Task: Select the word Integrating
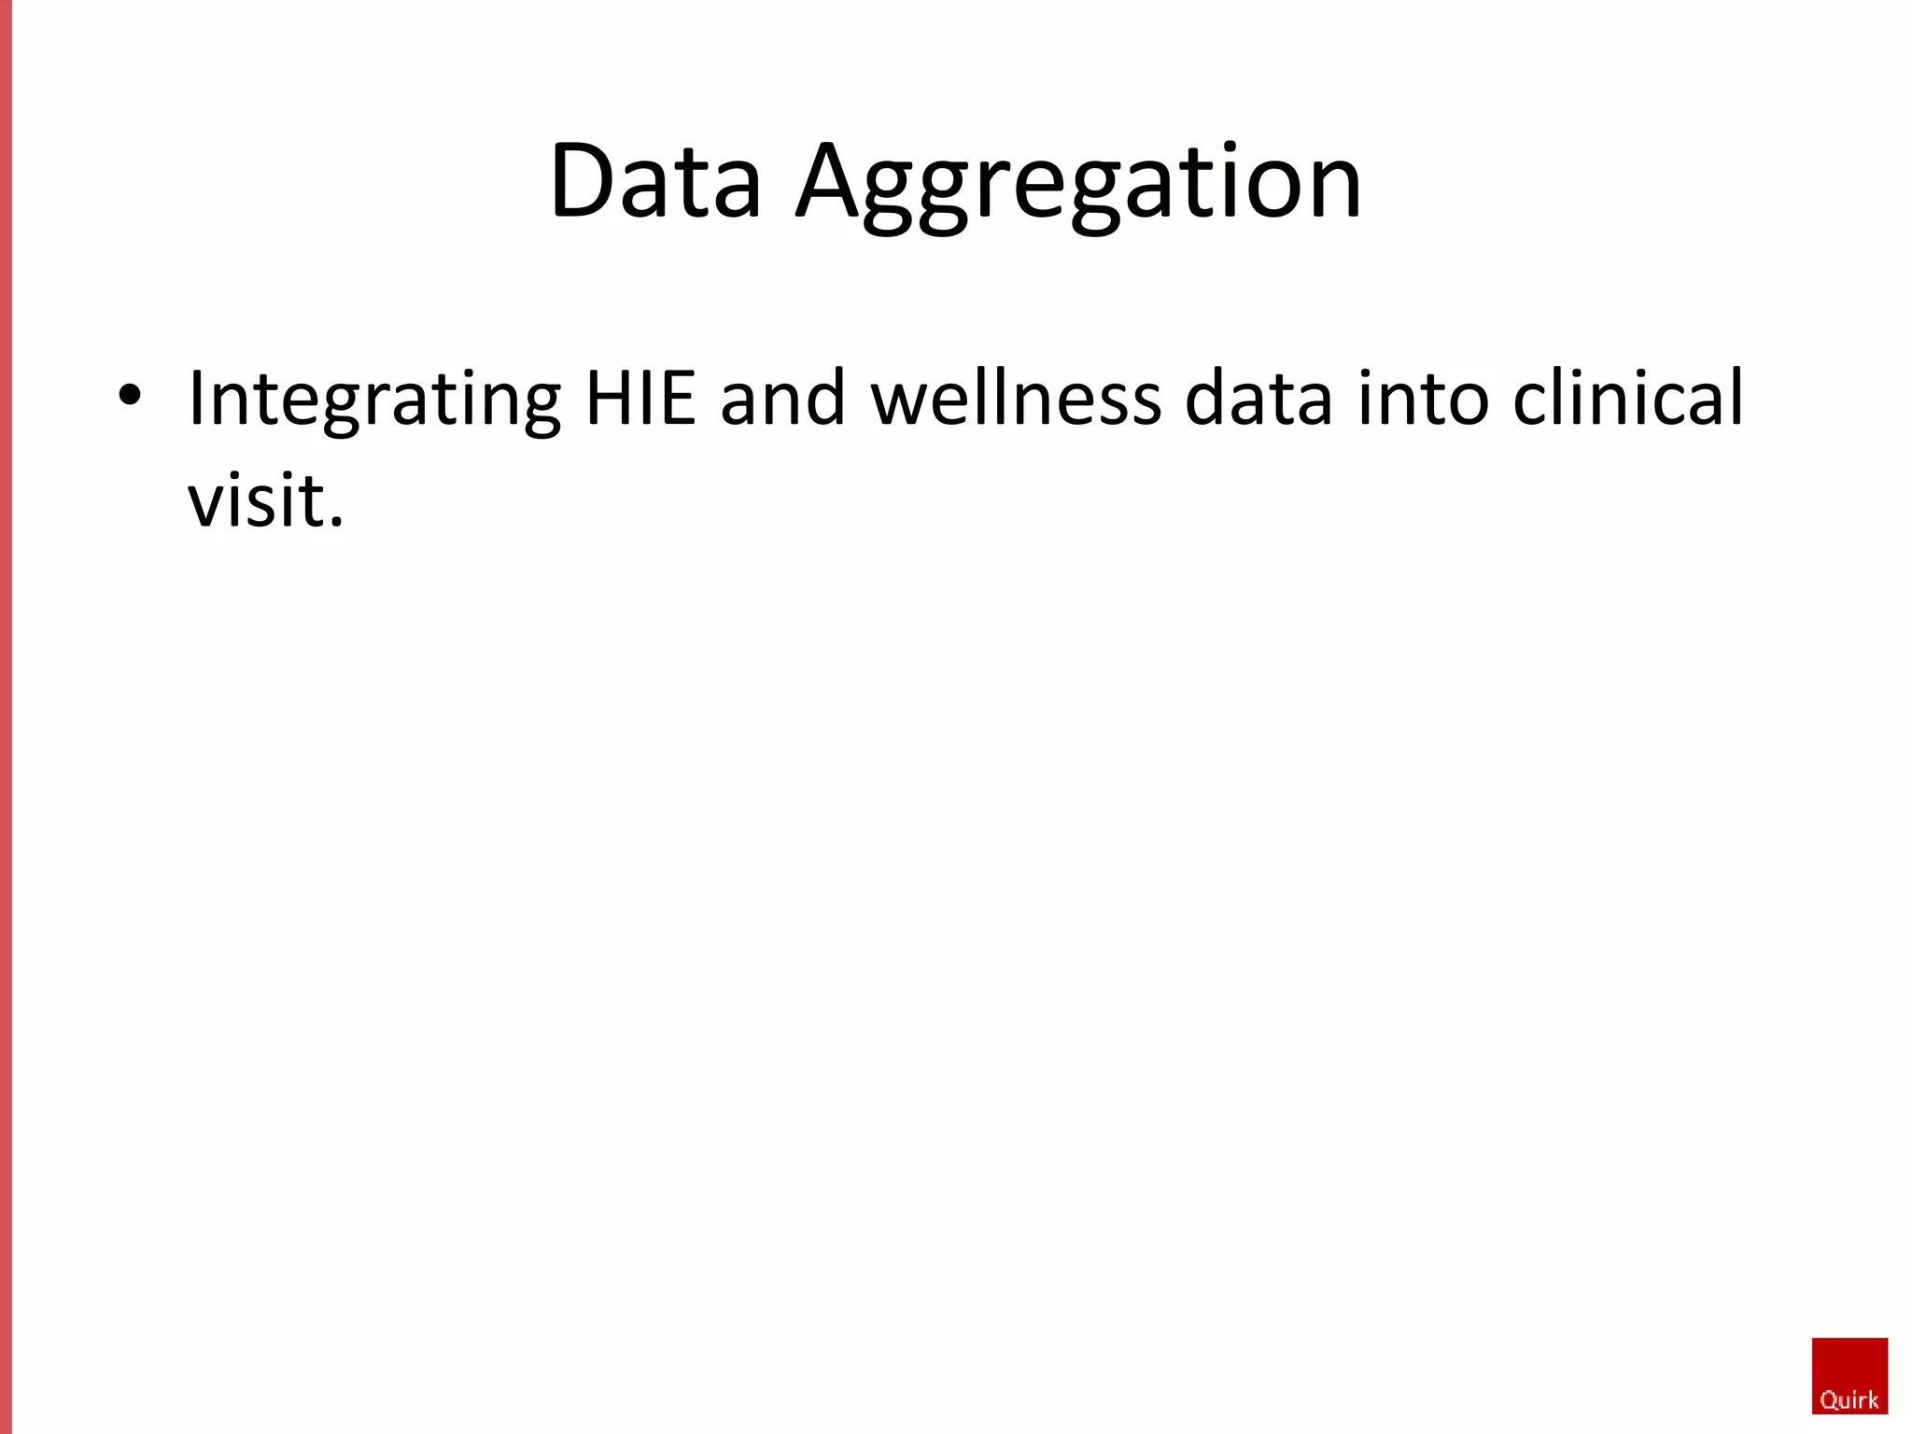click(374, 400)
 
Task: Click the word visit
click(256, 500)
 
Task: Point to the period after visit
click(336, 523)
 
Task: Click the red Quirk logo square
click(1849, 1375)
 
